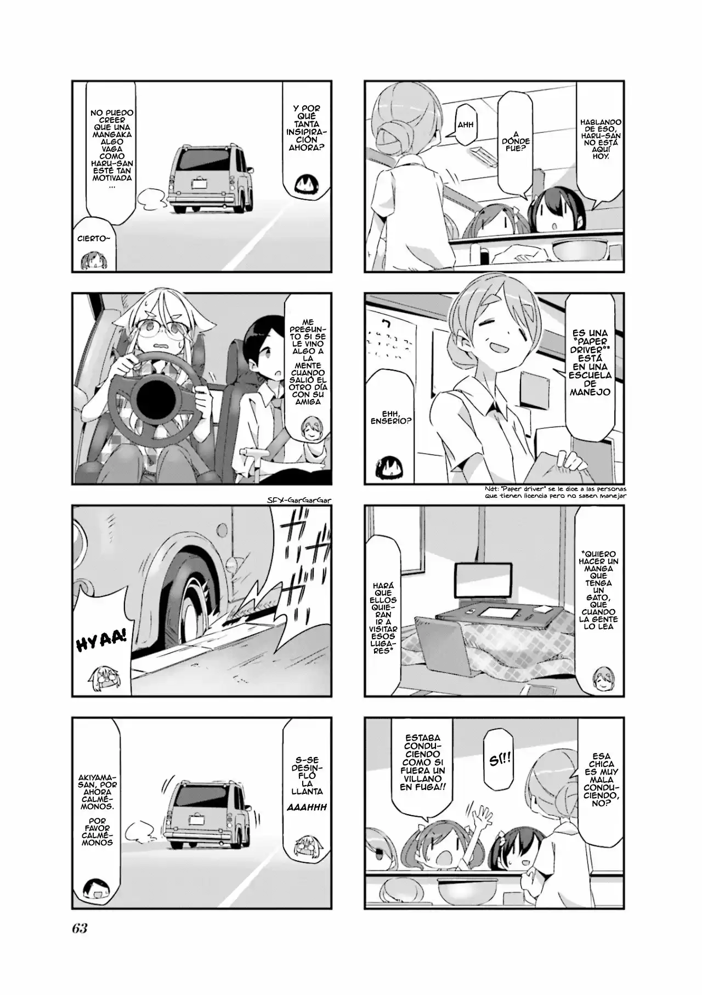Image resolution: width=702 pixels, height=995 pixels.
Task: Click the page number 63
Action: pyautogui.click(x=80, y=928)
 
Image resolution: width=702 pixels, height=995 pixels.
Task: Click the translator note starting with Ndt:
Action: pyautogui.click(x=565, y=492)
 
